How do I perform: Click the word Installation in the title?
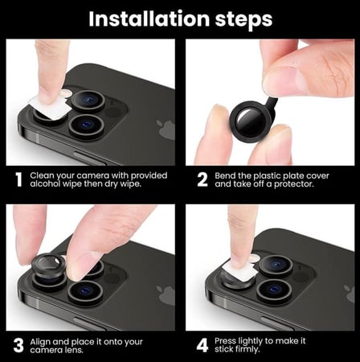click(149, 19)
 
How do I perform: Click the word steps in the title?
click(243, 19)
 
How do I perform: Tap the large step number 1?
click(18, 179)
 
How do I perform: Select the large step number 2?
click(202, 179)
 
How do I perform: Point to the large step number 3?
click(18, 345)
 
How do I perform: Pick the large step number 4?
click(202, 345)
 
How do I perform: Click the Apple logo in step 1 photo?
click(166, 130)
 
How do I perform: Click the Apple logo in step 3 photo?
click(166, 294)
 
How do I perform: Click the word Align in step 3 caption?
click(40, 342)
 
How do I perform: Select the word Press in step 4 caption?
click(225, 341)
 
